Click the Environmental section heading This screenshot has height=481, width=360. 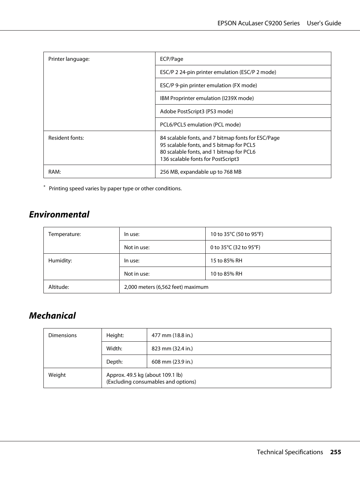tap(59, 214)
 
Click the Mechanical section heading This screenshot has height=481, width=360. tap(52, 316)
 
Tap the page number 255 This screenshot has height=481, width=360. tap(335, 452)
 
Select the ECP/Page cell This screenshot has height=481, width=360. tap(172, 59)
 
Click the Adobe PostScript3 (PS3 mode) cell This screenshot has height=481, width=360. tap(196, 111)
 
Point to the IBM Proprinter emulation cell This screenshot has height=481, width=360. tap(206, 98)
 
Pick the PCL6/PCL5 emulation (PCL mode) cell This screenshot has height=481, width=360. tap(200, 125)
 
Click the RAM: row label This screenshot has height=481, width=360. tap(55, 172)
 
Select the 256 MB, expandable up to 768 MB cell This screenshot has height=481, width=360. tap(200, 172)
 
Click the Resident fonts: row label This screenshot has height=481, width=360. tap(66, 138)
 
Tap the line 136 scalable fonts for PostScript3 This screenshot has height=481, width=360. tap(199, 159)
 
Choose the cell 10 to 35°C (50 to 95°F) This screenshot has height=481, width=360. tap(237, 234)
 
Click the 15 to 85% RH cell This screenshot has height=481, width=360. tap(226, 261)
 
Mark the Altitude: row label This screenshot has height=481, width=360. tap(58, 287)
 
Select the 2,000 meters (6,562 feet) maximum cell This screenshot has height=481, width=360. tap(166, 287)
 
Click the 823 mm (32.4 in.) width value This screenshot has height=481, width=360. tap(172, 348)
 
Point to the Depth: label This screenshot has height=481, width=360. tap(114, 362)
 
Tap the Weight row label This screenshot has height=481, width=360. tap(57, 375)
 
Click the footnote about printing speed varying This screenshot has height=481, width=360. tap(115, 188)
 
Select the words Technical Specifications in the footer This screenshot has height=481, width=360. tap(290, 452)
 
